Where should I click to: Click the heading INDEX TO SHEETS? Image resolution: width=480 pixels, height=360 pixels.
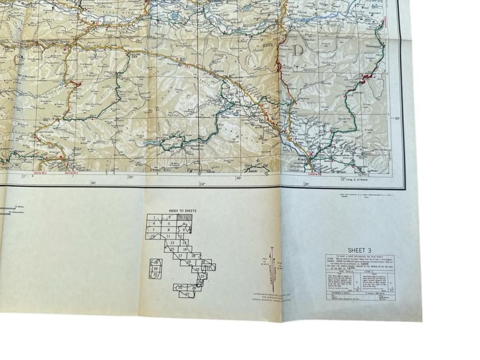183,211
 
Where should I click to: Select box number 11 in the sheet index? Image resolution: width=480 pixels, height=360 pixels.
168,236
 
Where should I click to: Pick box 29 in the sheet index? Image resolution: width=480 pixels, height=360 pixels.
155,269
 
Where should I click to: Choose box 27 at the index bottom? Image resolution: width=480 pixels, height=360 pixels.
187,294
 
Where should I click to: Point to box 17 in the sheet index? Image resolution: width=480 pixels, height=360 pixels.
180,256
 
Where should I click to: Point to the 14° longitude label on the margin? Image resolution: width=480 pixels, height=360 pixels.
202,184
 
